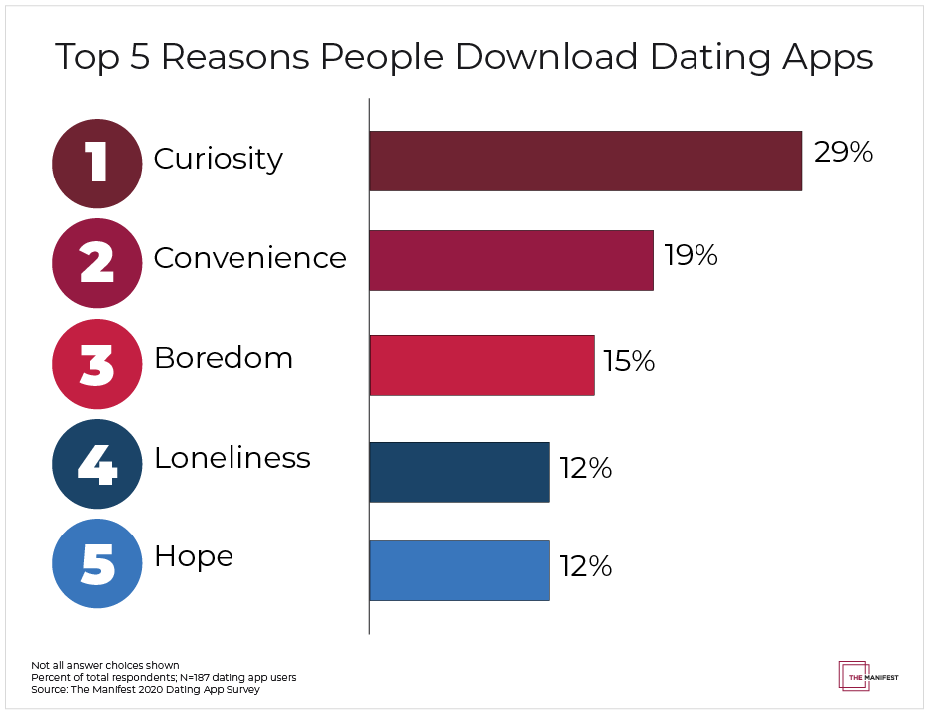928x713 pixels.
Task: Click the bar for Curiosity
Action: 586,161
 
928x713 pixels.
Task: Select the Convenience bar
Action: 511,260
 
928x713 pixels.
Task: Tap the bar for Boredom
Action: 482,365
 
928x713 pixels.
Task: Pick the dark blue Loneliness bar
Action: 459,471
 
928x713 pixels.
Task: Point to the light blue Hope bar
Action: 459,570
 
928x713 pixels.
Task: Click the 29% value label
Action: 843,153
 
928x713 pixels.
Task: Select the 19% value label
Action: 691,256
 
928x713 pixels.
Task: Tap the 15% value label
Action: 628,361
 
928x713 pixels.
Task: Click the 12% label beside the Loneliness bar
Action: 585,468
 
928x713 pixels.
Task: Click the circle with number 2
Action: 97,262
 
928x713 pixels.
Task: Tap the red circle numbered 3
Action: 97,364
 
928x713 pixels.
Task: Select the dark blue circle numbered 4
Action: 97,466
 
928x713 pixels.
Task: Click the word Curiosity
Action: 219,159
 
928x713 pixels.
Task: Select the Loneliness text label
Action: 232,458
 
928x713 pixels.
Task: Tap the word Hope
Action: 194,556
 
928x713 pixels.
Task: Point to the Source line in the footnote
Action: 146,689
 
